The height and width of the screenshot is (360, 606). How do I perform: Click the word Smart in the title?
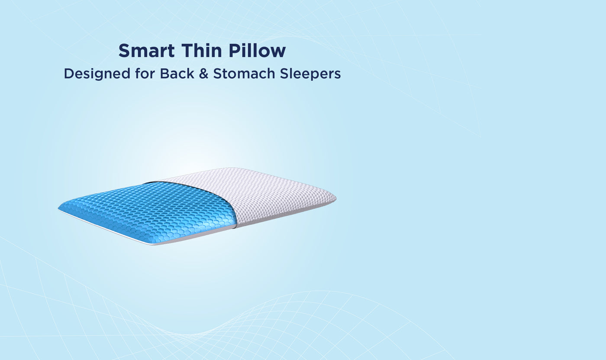(x=147, y=51)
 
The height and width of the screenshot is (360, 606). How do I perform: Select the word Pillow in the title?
(x=257, y=51)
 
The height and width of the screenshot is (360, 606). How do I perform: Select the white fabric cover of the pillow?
(x=268, y=195)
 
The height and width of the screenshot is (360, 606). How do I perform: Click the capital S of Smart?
(x=125, y=51)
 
